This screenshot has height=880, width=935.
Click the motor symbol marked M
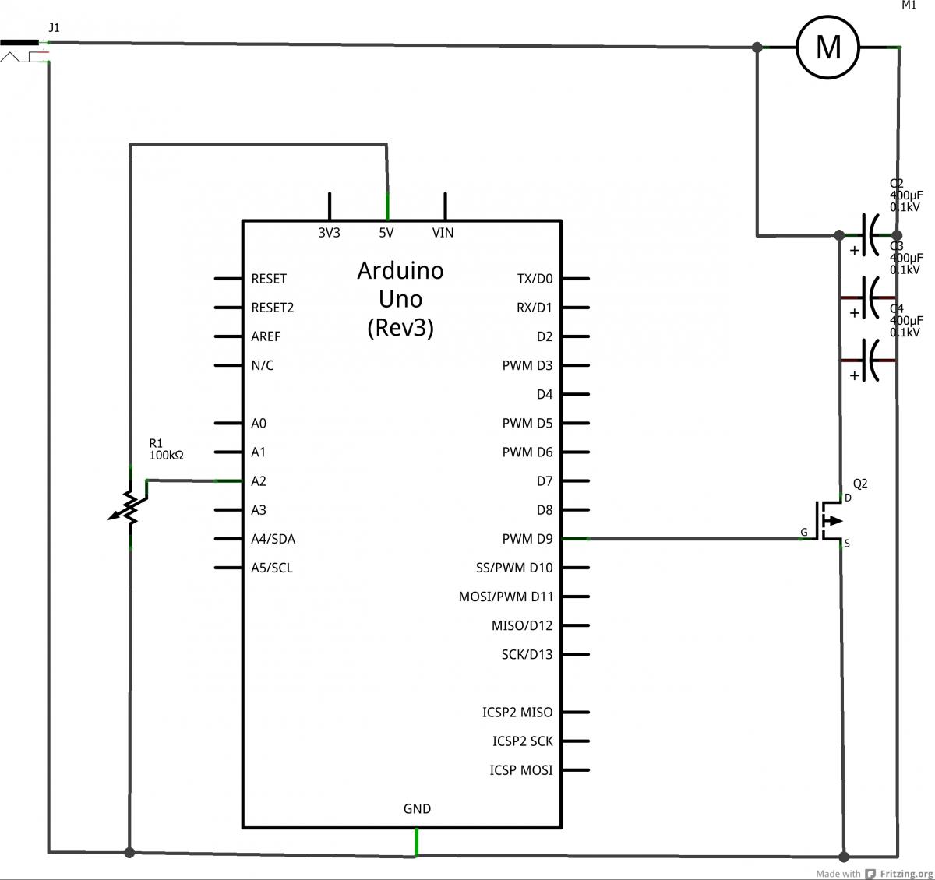827,48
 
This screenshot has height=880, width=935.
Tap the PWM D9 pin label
527,539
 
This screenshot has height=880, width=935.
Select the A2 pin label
259,481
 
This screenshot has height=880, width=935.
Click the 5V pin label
386,233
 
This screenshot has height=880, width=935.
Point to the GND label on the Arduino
417,809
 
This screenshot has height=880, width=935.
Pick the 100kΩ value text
166,456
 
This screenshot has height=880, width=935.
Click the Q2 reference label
859,484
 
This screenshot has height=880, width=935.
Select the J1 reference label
54,27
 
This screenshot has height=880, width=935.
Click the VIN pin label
443,233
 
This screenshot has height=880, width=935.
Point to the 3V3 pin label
329,233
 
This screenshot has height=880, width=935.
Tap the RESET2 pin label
272,308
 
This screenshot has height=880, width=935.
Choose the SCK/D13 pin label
527,655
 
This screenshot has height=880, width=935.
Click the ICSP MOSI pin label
520,770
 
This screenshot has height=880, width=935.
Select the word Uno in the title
400,299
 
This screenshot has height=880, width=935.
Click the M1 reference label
909,5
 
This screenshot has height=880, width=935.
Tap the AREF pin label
266,336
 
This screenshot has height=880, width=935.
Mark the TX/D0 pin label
535,279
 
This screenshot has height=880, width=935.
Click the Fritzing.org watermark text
907,874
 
